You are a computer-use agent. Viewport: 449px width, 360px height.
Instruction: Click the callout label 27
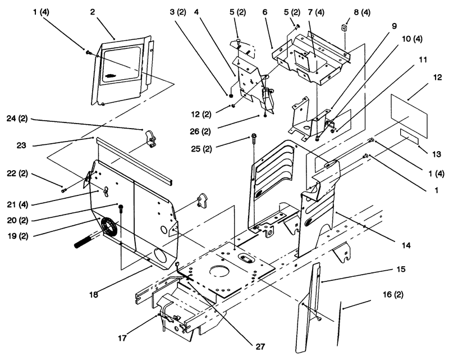(260, 347)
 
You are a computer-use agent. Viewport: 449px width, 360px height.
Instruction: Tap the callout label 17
(122, 338)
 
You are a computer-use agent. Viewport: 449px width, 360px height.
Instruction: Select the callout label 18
(93, 294)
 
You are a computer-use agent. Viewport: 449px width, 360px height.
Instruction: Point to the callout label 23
(21, 145)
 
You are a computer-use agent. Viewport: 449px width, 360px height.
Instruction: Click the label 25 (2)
(201, 149)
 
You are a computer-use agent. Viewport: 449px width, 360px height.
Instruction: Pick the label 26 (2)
(200, 131)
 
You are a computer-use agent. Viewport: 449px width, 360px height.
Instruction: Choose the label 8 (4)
(362, 12)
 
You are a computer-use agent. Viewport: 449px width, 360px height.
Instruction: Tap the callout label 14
(406, 245)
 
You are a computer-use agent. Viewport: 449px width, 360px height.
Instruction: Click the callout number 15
(401, 269)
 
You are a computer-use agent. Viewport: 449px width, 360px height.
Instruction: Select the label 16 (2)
(393, 294)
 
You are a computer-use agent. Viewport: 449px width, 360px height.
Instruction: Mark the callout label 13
(437, 154)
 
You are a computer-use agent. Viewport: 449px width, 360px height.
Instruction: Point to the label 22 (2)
(17, 174)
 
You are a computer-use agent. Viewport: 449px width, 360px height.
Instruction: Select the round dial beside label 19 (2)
(108, 226)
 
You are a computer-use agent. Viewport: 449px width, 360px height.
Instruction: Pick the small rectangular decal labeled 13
(409, 136)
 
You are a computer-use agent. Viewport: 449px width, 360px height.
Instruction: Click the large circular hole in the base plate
(219, 271)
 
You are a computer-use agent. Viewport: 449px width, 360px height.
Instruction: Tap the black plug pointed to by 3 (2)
(231, 95)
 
